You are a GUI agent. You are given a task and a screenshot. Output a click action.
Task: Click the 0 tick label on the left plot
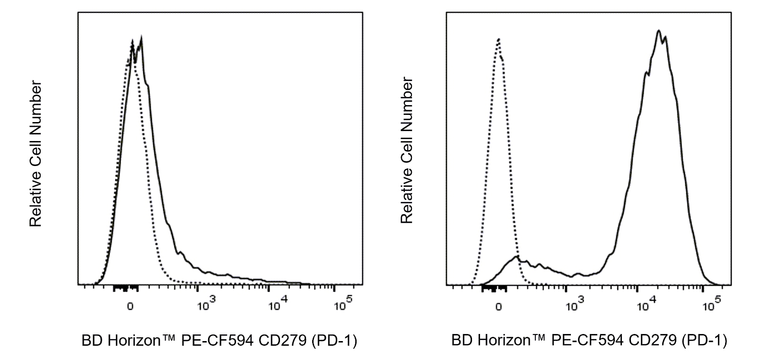(130, 307)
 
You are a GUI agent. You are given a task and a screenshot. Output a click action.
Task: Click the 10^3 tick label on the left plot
(206, 304)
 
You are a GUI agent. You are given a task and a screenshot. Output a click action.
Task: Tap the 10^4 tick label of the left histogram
(278, 304)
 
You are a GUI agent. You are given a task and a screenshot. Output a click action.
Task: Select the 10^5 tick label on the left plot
(343, 304)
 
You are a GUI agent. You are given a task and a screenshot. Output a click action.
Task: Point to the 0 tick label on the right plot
(499, 307)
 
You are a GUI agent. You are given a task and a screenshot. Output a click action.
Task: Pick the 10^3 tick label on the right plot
(575, 304)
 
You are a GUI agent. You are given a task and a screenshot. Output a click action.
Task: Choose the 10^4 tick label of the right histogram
(647, 304)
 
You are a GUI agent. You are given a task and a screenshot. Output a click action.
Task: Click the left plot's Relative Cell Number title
(35, 154)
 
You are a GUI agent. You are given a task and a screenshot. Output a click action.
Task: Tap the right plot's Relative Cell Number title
(407, 150)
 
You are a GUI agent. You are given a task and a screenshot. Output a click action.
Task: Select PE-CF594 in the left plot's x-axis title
(218, 340)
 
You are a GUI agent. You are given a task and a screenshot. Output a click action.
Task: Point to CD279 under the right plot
(652, 340)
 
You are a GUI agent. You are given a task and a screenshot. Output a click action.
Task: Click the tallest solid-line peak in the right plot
(658, 31)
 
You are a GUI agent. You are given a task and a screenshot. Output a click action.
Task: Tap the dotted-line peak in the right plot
(499, 39)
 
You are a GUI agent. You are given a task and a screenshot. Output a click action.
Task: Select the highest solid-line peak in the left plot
(140, 36)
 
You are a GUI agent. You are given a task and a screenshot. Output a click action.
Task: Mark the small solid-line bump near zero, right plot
(516, 257)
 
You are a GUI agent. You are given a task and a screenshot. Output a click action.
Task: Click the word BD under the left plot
(92, 340)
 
